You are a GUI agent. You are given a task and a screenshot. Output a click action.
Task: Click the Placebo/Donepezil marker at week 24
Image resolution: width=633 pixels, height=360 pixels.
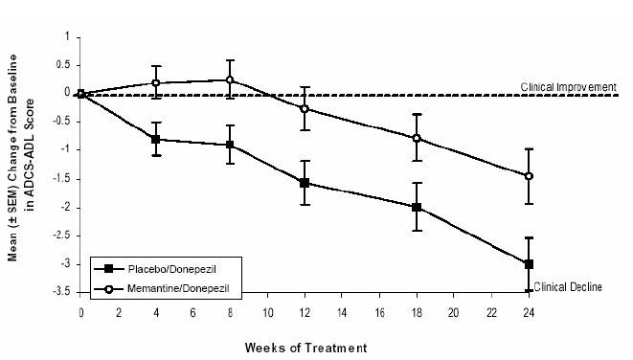click(x=529, y=263)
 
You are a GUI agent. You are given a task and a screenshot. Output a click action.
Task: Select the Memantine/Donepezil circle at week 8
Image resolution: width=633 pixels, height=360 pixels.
click(x=230, y=80)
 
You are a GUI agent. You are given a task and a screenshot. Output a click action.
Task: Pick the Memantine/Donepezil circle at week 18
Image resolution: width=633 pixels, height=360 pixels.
click(x=417, y=138)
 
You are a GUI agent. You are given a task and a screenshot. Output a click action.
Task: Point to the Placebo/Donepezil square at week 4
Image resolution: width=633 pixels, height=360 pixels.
click(x=156, y=140)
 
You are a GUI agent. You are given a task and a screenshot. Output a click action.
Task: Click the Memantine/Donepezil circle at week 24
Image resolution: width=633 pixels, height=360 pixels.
click(x=529, y=176)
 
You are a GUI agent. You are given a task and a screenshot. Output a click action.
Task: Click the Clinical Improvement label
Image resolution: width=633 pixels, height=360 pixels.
click(x=568, y=86)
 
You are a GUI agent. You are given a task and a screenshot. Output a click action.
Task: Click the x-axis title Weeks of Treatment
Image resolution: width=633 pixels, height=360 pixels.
click(x=304, y=346)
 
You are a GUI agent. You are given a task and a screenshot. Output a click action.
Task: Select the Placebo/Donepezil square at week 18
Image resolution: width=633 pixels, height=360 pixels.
click(x=417, y=207)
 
